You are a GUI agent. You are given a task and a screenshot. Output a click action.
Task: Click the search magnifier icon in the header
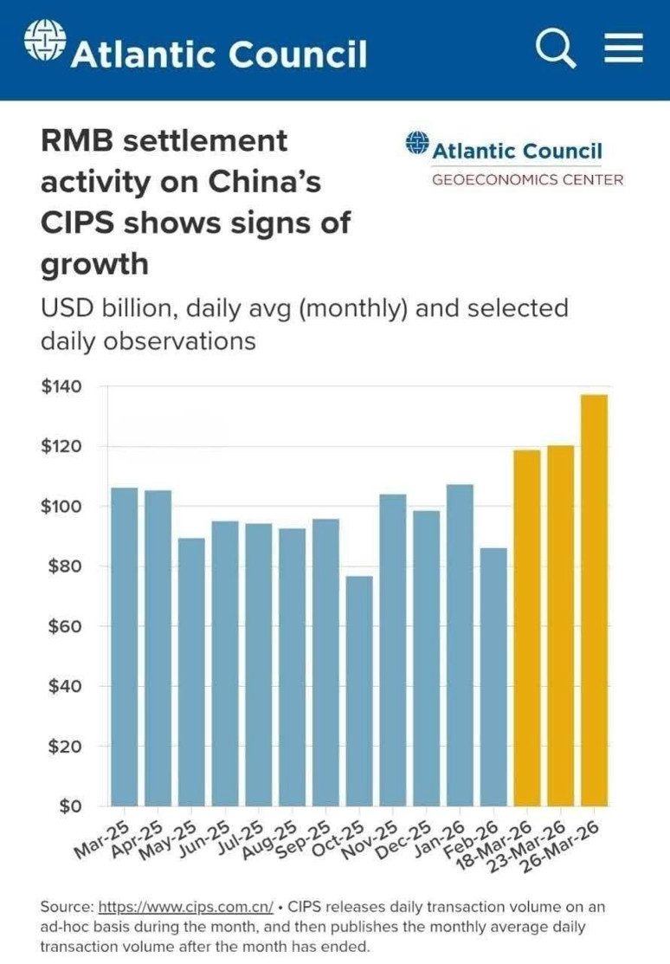coord(556,49)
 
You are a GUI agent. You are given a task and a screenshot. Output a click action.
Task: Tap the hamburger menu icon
coord(624,48)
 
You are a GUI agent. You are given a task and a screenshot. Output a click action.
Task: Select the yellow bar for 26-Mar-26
coord(595,600)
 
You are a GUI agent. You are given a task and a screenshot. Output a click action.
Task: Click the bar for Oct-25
coord(359,691)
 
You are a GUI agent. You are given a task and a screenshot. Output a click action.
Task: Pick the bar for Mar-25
coord(124,647)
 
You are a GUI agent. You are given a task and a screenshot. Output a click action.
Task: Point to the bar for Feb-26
coord(493,677)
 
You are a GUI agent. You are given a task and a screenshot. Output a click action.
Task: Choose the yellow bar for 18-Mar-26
coord(527,628)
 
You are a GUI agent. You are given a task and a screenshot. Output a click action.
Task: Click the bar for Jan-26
coord(461,645)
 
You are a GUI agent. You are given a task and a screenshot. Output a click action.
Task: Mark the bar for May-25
coord(191,672)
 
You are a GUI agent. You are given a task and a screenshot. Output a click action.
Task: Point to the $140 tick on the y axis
coord(61,386)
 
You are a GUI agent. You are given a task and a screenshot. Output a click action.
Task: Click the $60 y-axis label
coord(65,626)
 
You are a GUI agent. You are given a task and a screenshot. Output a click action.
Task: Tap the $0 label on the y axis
coord(71,805)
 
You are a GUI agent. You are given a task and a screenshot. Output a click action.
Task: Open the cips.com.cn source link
coord(185,907)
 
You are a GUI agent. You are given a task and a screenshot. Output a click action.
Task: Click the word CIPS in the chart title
coord(77,223)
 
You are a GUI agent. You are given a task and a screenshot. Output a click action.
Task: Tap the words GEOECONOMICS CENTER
coord(527,179)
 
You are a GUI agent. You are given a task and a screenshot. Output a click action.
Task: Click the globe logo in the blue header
coord(45,41)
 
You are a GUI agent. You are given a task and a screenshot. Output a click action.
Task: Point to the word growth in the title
coord(94,264)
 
